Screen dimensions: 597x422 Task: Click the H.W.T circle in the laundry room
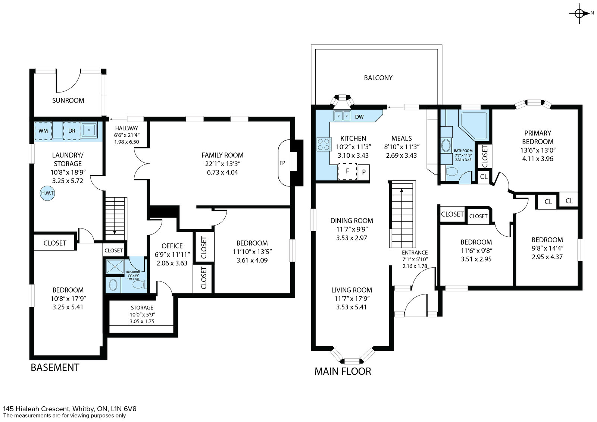47,193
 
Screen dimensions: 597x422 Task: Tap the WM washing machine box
43,131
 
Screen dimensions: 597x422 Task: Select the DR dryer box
72,131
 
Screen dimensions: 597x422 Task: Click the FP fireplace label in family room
282,163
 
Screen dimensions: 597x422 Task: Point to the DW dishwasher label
359,117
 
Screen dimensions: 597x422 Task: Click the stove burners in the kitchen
324,144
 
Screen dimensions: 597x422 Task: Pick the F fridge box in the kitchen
347,171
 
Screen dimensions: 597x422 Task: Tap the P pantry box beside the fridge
363,172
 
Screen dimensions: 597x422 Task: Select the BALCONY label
378,78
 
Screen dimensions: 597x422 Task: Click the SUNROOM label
68,100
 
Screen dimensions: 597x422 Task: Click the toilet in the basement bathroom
140,284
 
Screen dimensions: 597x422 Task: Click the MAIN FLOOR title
343,371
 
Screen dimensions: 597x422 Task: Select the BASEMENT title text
55,368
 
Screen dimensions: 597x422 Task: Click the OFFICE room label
172,246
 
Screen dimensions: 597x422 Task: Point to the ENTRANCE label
415,252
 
